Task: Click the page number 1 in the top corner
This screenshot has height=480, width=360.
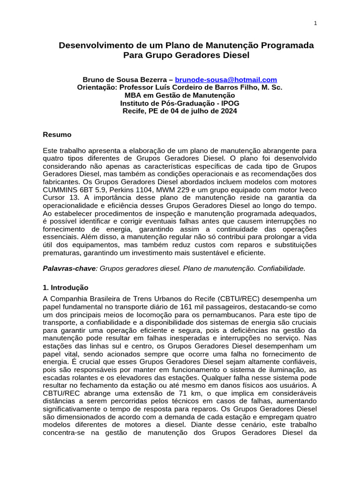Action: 315,24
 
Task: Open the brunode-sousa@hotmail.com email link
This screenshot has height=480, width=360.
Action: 226,80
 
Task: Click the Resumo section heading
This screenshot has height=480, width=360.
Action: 57,135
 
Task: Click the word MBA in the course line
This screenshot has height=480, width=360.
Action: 132,95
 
